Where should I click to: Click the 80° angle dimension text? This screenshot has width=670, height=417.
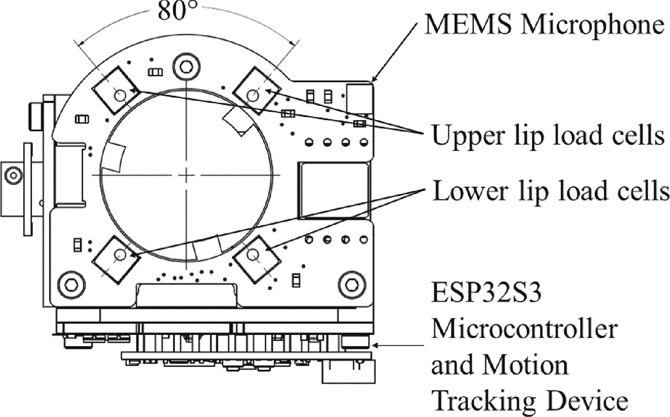(x=176, y=12)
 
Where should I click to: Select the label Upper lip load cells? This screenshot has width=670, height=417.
(x=549, y=136)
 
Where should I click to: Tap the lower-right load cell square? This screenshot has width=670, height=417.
(x=253, y=255)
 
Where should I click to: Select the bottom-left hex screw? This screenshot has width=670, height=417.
(x=71, y=283)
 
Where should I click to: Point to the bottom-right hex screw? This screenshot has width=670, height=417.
(x=352, y=283)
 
